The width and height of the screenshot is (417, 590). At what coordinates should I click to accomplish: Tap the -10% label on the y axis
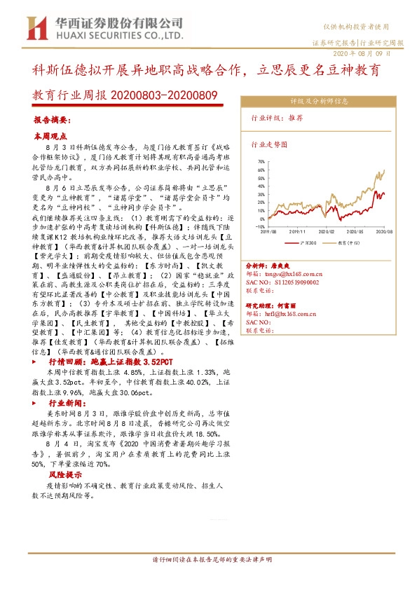(x=260, y=227)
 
